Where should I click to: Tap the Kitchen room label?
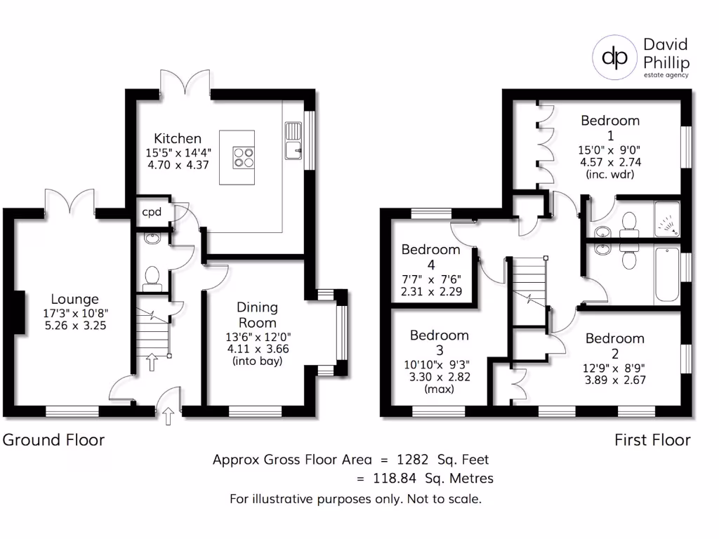[x=178, y=138]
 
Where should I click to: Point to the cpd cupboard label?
[x=152, y=212]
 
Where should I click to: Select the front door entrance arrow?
[x=168, y=418]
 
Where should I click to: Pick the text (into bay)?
[x=257, y=361]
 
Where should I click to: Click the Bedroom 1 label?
[x=610, y=127]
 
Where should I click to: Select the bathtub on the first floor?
[x=666, y=276]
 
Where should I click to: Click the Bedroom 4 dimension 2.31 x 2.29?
[x=431, y=291]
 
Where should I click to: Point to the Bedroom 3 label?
[x=439, y=342]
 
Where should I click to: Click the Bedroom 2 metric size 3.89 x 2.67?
[x=614, y=380]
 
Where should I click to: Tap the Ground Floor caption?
[x=54, y=440]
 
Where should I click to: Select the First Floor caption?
[x=652, y=440]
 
